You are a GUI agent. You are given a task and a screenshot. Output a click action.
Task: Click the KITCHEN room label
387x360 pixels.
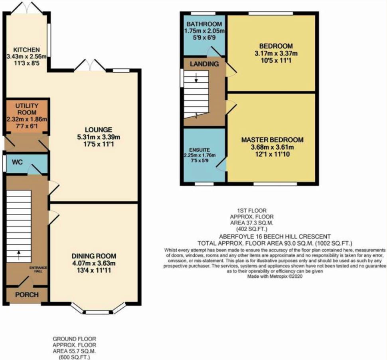[26, 49]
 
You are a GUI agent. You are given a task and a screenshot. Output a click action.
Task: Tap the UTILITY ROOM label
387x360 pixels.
[27, 109]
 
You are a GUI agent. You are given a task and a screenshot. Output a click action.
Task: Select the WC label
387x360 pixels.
[17, 162]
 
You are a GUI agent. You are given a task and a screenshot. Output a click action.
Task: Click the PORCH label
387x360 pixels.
[27, 295]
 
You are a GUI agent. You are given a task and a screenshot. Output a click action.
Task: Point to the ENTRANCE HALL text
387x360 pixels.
[38, 269]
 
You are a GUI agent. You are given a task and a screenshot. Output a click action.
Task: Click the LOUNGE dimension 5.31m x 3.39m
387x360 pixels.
[99, 137]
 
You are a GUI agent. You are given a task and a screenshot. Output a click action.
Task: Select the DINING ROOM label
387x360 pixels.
[94, 256]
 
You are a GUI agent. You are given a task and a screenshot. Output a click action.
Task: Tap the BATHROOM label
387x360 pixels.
[204, 24]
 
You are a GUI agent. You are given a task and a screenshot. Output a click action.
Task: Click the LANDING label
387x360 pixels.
[204, 64]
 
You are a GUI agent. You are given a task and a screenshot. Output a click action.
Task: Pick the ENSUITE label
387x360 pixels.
[199, 150]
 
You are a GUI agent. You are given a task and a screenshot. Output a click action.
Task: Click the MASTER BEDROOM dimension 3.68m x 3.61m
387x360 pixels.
[272, 147]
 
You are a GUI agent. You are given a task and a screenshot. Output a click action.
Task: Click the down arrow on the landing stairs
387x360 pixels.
[196, 77]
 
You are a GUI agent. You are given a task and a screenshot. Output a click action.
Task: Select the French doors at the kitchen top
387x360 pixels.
[28, 8]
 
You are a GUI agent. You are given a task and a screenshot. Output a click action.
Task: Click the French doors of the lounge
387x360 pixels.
[90, 65]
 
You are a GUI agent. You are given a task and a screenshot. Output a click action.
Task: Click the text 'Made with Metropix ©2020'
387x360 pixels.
[275, 277]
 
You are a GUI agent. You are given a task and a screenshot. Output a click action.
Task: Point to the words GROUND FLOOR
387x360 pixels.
[74, 339]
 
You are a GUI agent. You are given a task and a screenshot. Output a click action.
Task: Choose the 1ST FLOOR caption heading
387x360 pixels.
[252, 211]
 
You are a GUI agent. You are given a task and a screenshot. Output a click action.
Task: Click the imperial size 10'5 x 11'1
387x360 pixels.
[276, 60]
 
